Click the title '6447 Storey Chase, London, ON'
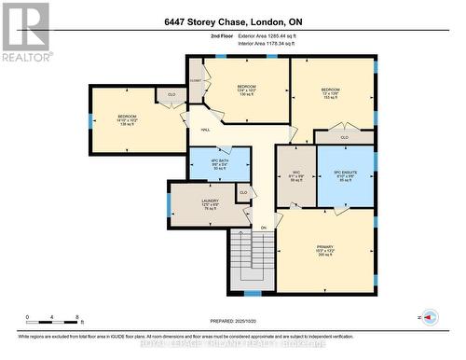[232, 21]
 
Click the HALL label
[204, 130]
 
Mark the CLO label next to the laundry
[243, 193]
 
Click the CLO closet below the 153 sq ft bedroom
[344, 137]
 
